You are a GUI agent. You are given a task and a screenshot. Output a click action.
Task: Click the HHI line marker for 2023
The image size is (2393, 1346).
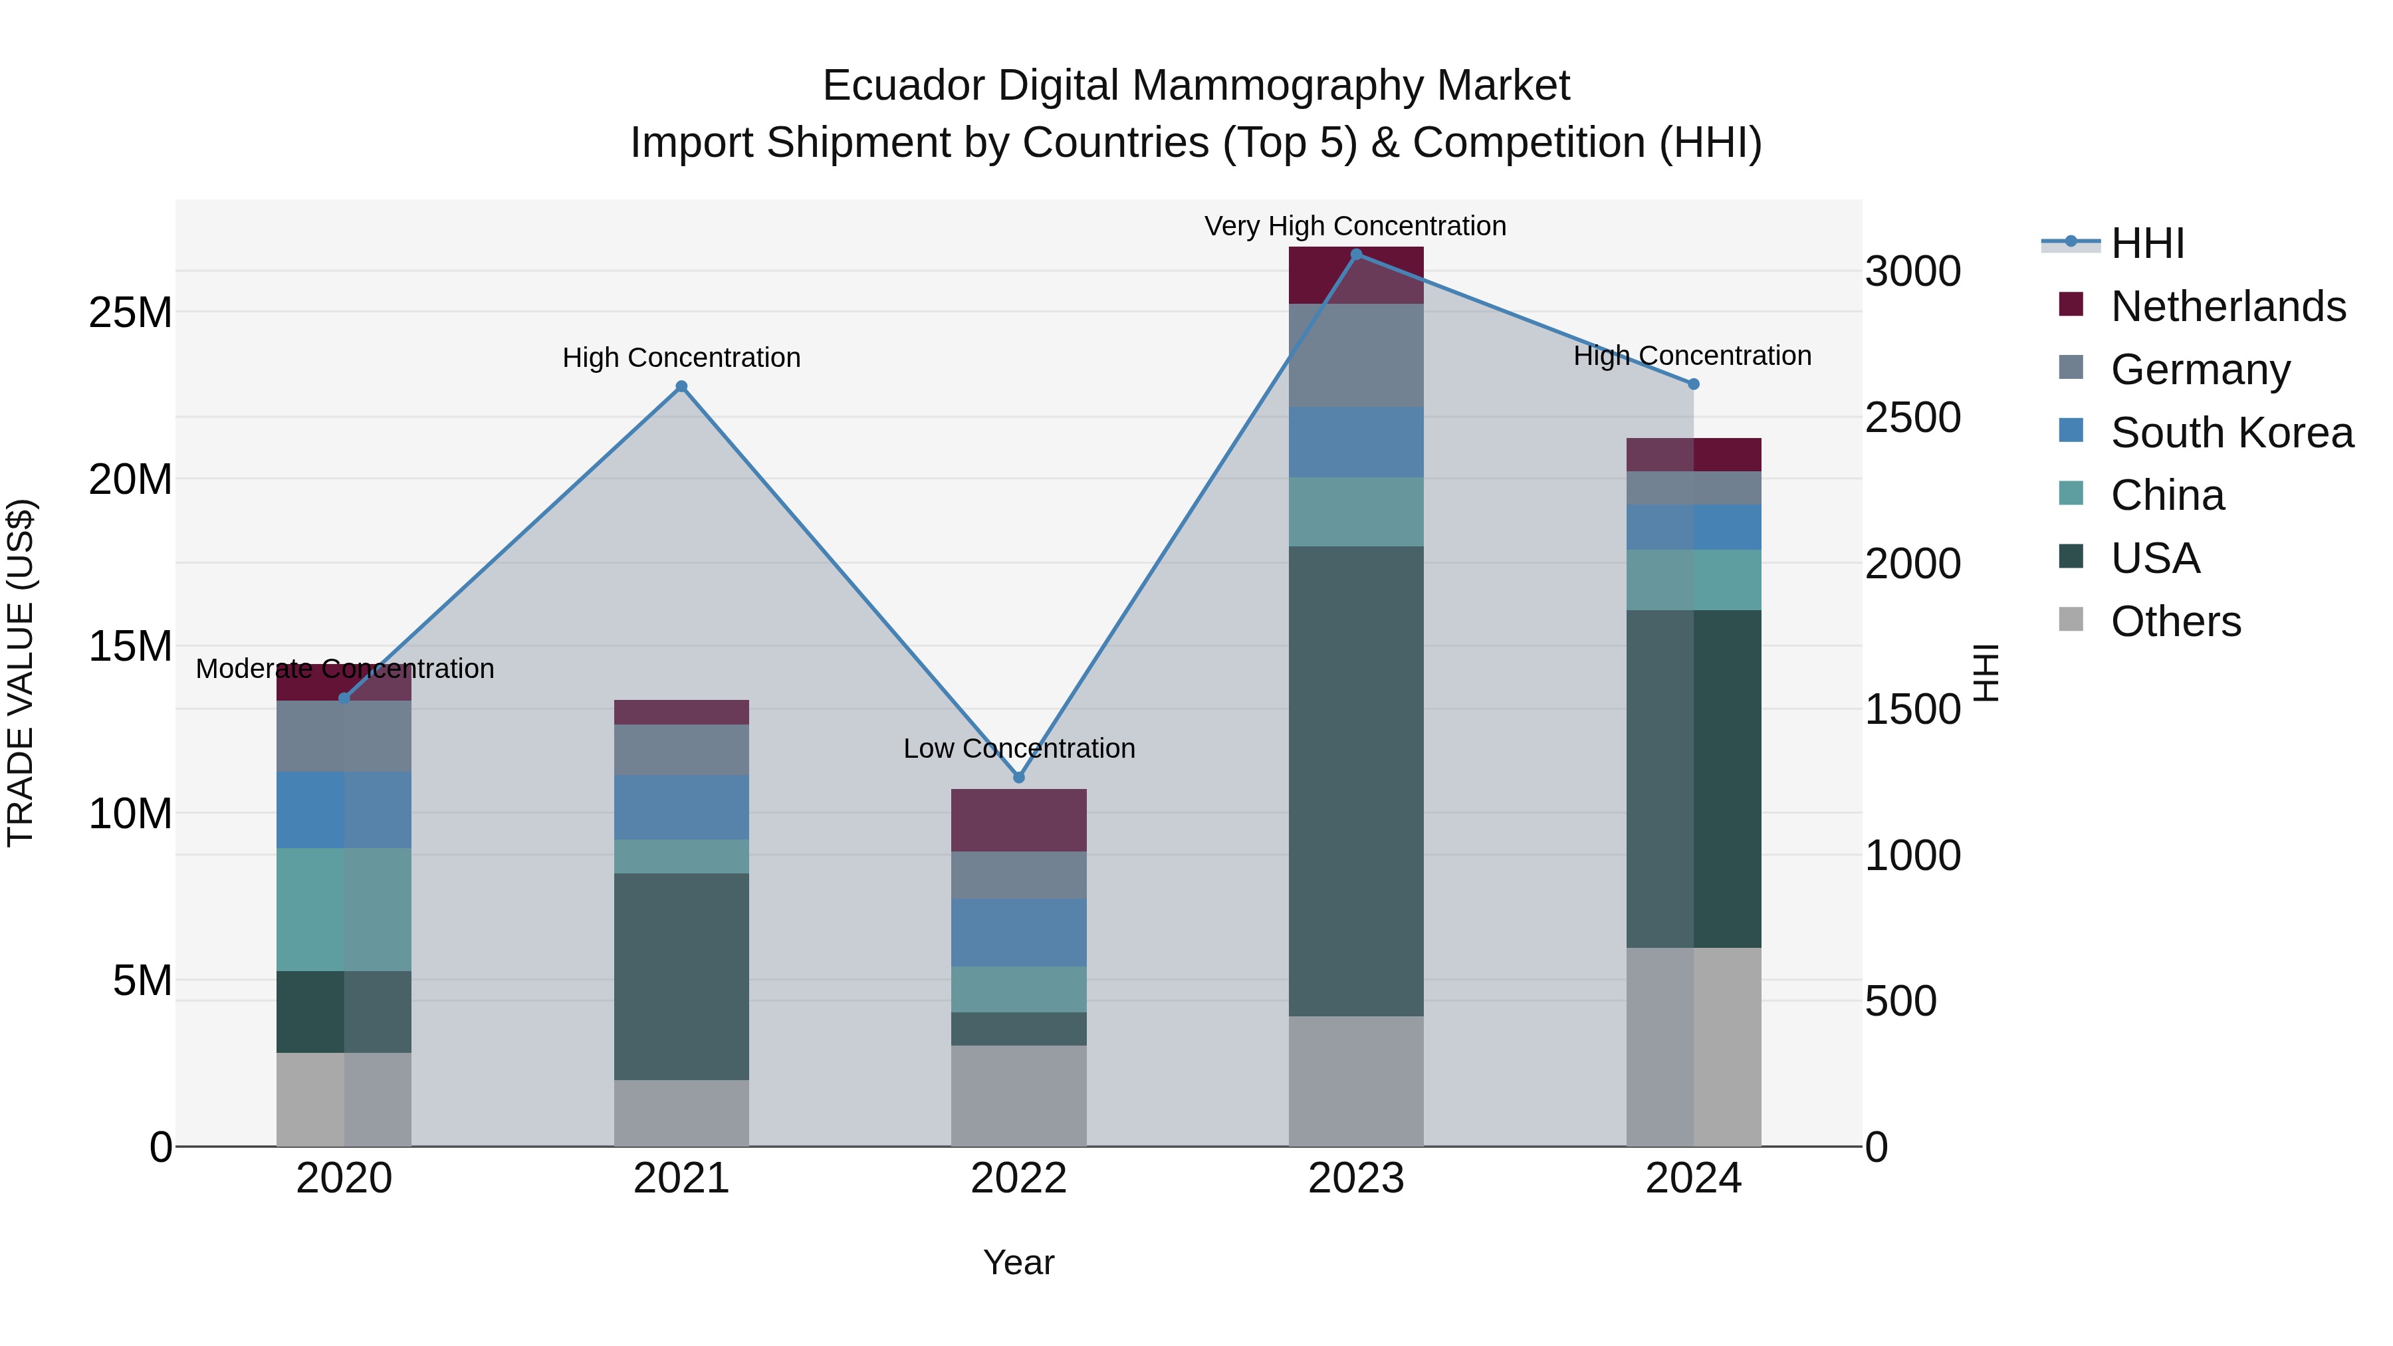point(1355,255)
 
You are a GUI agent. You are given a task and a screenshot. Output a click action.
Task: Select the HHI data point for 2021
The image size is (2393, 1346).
point(681,386)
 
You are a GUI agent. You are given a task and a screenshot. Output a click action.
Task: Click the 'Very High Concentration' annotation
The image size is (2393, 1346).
point(1355,226)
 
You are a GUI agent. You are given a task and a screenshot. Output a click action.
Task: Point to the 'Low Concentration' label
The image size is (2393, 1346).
point(1018,748)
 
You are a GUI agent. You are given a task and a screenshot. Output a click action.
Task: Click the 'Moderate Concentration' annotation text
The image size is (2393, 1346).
point(344,669)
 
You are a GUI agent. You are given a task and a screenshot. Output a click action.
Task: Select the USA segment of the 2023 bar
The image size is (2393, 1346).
point(1355,780)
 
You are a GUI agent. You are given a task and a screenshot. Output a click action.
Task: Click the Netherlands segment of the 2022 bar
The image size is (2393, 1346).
point(1018,820)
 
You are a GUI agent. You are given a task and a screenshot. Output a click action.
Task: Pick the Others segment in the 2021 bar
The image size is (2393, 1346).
point(681,1112)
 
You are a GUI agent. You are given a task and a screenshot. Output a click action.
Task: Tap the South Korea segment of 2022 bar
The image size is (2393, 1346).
point(1018,932)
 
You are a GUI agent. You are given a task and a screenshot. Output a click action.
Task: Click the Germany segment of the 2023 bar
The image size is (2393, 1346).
point(1355,355)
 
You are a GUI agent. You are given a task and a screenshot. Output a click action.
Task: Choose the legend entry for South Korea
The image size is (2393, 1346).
point(2231,433)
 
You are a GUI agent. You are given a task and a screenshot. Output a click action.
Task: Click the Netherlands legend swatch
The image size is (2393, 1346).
point(2071,304)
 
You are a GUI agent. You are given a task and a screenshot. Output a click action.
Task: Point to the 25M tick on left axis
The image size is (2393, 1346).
point(130,313)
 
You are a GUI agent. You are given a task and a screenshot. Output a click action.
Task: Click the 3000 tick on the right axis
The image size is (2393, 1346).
point(1912,272)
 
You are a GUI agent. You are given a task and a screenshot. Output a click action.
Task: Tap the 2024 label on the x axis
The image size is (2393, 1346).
point(1692,1178)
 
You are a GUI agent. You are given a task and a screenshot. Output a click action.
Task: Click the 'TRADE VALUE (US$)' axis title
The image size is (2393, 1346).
point(21,673)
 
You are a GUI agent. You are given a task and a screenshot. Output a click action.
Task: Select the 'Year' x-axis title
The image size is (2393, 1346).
point(1018,1262)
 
